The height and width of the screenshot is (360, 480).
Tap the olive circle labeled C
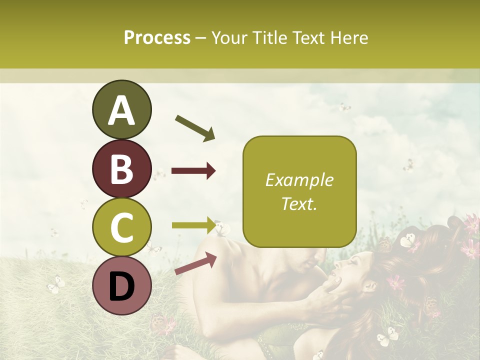[121, 228]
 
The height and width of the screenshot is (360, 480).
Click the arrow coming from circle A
[195, 128]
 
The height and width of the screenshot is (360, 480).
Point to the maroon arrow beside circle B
[193, 171]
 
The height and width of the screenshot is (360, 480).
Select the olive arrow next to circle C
[193, 225]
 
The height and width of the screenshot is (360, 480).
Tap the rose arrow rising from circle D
[195, 263]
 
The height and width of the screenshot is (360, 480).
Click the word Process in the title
[157, 38]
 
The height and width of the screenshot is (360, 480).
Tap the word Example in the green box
[299, 180]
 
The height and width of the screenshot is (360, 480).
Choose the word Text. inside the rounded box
[299, 203]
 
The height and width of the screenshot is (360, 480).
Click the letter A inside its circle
[121, 110]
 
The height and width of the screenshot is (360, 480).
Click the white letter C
[121, 228]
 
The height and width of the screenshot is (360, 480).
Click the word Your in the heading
[228, 37]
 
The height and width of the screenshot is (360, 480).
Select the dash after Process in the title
[201, 38]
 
